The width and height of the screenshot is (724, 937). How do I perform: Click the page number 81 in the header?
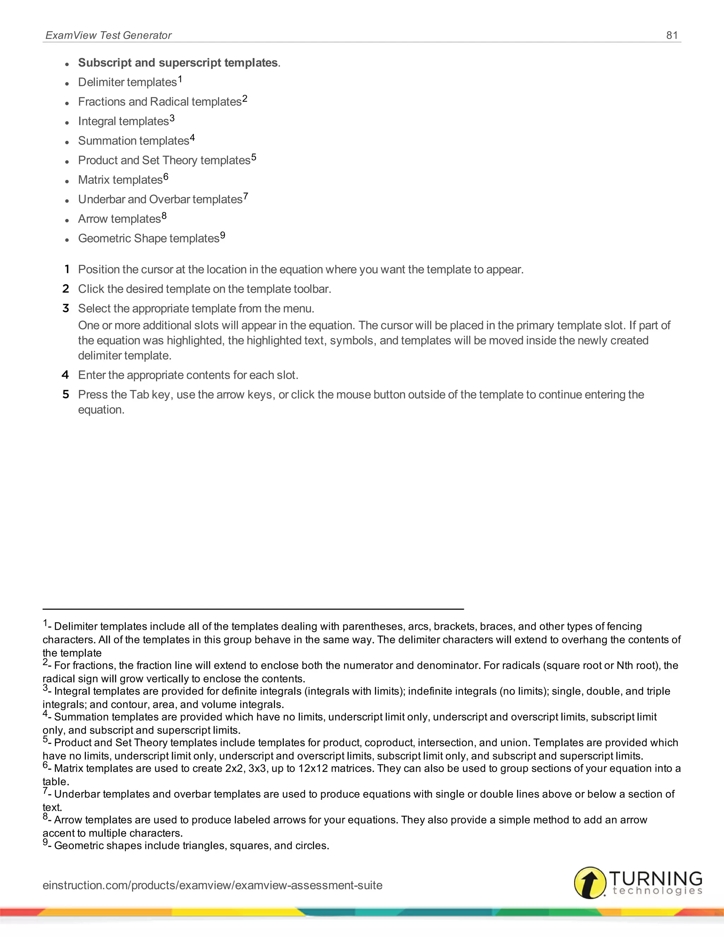pyautogui.click(x=672, y=35)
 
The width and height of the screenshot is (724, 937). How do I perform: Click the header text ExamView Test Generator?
pyautogui.click(x=109, y=35)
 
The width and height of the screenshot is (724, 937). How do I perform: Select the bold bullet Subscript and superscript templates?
pyautogui.click(x=178, y=63)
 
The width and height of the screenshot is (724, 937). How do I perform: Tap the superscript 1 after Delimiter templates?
pyautogui.click(x=180, y=79)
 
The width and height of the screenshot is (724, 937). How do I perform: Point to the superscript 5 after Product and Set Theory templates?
pyautogui.click(x=254, y=157)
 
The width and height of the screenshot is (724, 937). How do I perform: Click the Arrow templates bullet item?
pyautogui.click(x=119, y=219)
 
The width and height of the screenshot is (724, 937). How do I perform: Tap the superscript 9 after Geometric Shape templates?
pyautogui.click(x=223, y=235)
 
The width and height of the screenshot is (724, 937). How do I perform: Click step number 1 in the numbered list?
pyautogui.click(x=67, y=269)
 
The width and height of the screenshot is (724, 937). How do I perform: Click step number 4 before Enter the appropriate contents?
pyautogui.click(x=65, y=375)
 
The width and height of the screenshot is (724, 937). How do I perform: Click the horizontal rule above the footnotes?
pyautogui.click(x=253, y=609)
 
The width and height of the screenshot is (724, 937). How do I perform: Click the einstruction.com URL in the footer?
pyautogui.click(x=212, y=885)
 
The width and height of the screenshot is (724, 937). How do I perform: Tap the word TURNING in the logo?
pyautogui.click(x=655, y=878)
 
